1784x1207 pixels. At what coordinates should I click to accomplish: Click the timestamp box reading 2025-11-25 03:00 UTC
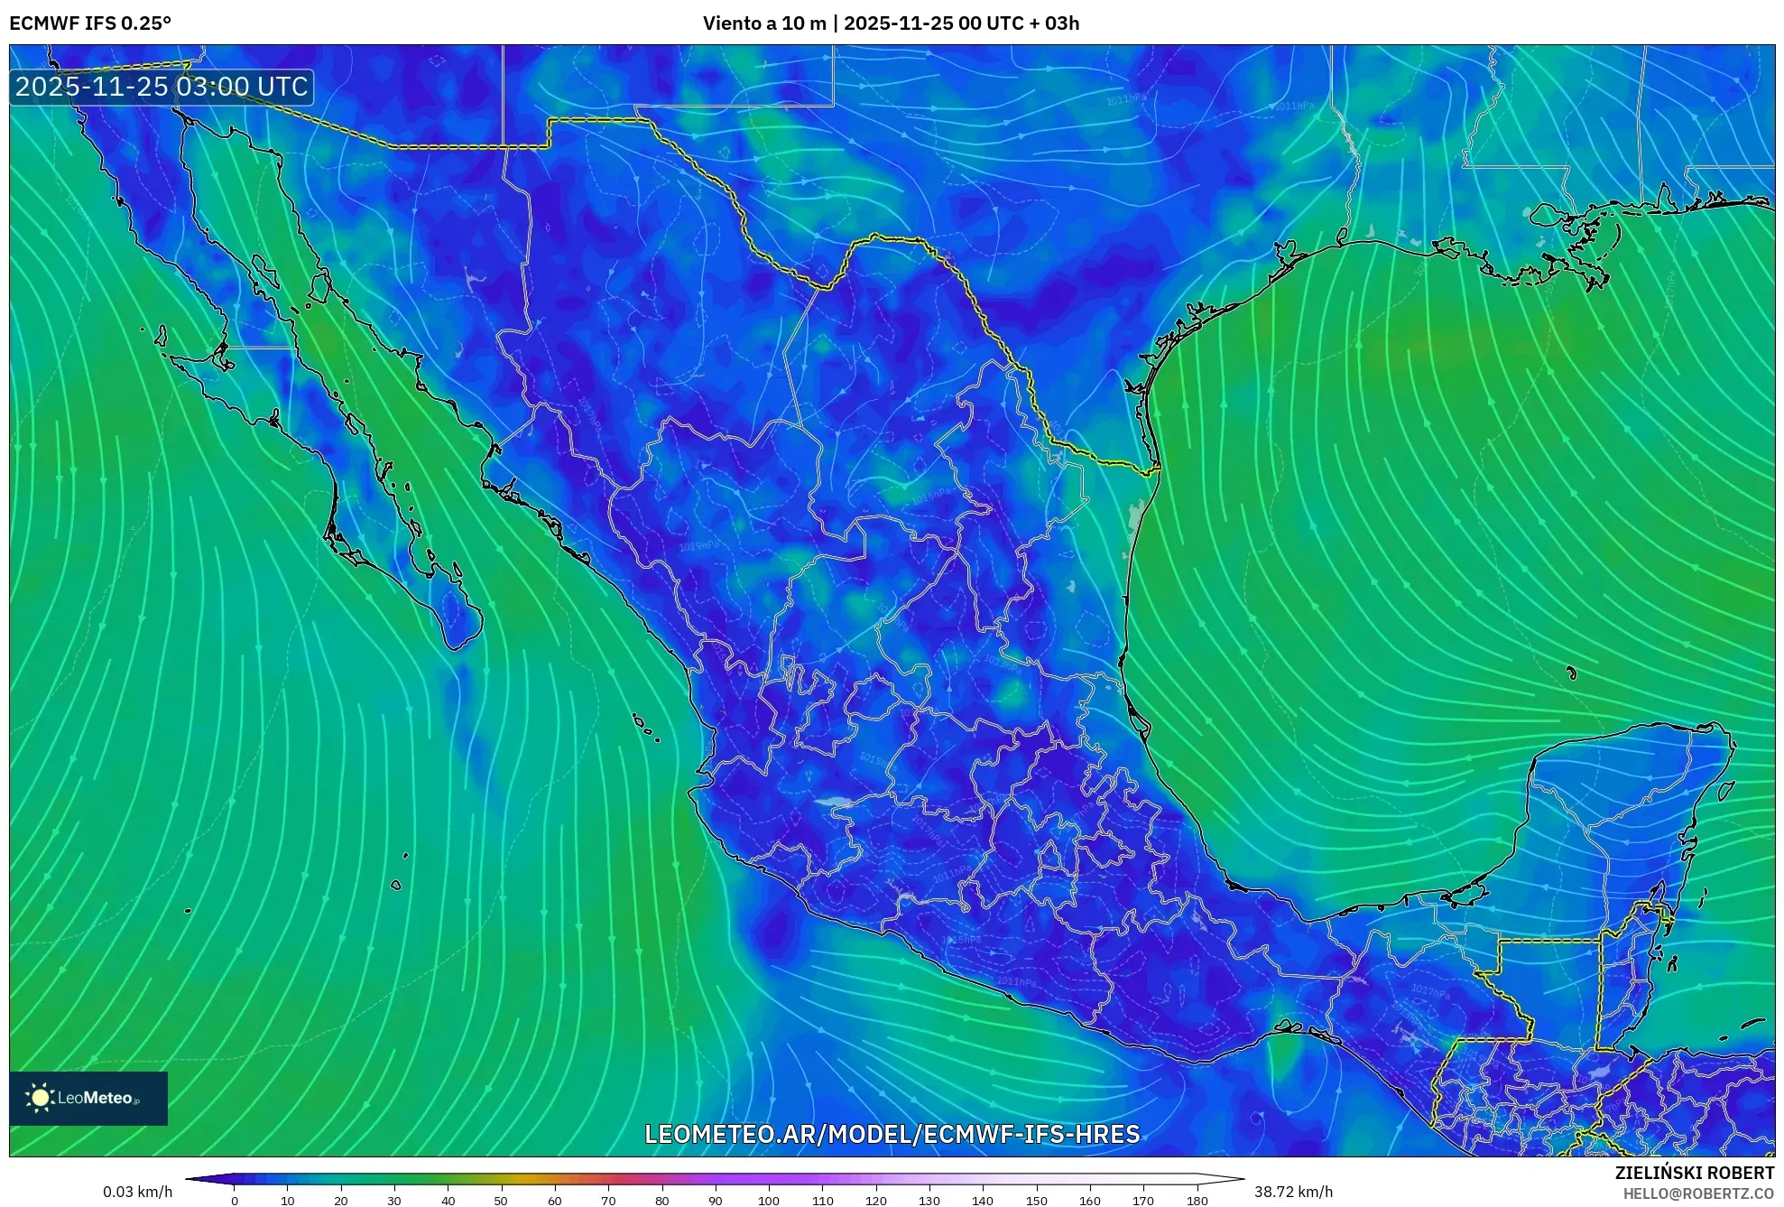(162, 87)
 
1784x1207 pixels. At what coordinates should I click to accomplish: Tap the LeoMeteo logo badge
(88, 1098)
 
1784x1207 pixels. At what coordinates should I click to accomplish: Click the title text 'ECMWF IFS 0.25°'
(90, 23)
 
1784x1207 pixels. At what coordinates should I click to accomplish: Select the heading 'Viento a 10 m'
(764, 23)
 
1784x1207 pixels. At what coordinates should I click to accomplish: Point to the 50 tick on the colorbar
(501, 1201)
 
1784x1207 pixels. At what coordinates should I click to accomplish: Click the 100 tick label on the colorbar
(769, 1201)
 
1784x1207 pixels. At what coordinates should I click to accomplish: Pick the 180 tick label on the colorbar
(1197, 1201)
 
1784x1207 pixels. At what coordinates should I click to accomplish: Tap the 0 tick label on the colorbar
(235, 1201)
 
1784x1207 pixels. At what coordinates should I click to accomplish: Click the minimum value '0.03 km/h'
(137, 1192)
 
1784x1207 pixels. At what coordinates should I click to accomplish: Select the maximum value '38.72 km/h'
(1293, 1192)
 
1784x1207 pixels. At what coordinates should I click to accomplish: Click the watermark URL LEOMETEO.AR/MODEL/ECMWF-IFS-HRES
(892, 1134)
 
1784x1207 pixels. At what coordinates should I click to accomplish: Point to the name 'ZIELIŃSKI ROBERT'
(1695, 1173)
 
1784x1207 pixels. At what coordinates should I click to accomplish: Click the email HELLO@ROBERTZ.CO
(1698, 1193)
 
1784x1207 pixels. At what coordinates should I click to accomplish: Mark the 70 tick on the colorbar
(608, 1201)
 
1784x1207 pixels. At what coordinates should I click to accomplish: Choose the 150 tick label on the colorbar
(1036, 1201)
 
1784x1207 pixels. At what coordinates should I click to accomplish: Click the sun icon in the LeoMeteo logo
(40, 1098)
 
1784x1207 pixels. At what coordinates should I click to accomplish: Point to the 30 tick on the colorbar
(394, 1201)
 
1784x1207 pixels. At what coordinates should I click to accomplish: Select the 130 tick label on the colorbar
(929, 1201)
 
